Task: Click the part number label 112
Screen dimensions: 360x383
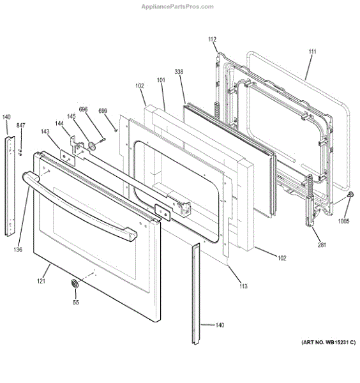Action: [212, 39]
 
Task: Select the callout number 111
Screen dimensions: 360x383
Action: [312, 52]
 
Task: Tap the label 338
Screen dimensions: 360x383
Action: [179, 71]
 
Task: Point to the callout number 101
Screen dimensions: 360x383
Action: [161, 80]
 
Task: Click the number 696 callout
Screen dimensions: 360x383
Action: [83, 109]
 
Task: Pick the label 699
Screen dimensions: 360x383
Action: [103, 111]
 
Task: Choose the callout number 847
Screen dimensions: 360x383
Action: [21, 125]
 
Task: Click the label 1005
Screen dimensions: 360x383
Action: [343, 221]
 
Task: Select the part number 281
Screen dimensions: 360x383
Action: [322, 244]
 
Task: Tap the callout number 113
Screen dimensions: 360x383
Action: [243, 286]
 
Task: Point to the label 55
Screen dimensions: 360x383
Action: [76, 303]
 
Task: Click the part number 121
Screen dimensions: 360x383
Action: [41, 281]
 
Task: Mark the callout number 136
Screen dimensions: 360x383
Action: [18, 250]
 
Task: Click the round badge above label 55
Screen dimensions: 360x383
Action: [75, 283]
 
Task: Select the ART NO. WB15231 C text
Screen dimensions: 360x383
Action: [329, 342]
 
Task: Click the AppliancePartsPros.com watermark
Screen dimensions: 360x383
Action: [177, 6]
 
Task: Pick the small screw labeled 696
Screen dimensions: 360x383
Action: [102, 140]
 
